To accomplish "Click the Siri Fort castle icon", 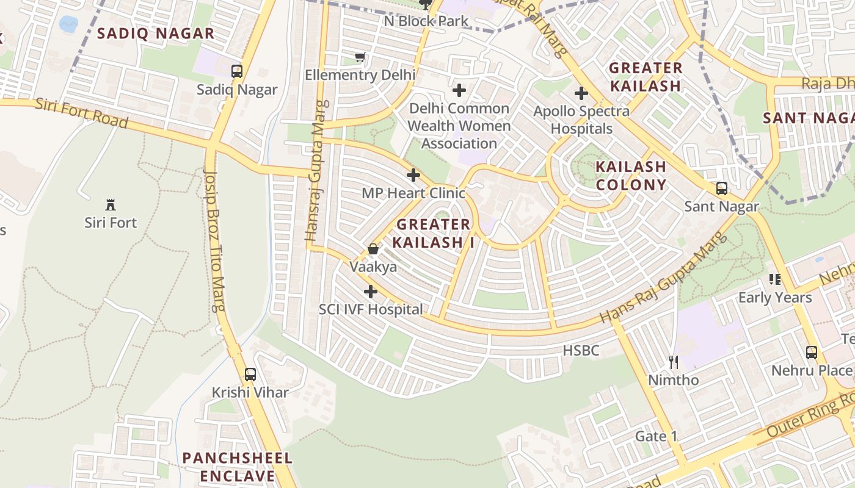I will click(x=111, y=204).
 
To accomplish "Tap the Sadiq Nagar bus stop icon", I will click(x=237, y=71).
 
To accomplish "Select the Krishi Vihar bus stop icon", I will click(x=250, y=374).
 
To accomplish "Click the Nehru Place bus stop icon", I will click(x=811, y=352).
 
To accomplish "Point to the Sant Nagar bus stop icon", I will click(x=721, y=188).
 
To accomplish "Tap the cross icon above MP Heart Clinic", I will click(x=413, y=175).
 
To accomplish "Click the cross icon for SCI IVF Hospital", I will click(x=370, y=291).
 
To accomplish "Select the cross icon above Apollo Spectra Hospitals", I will click(x=581, y=93).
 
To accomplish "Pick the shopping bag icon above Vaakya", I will click(x=373, y=249).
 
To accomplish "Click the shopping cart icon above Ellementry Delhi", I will click(x=360, y=57).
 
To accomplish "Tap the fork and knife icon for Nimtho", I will click(x=673, y=362).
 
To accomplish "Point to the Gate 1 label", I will click(x=656, y=436).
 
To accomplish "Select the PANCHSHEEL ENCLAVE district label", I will click(x=238, y=467).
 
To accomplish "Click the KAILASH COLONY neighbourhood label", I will click(x=631, y=175).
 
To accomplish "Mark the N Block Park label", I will click(x=426, y=21).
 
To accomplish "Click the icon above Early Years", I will click(x=774, y=279).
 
